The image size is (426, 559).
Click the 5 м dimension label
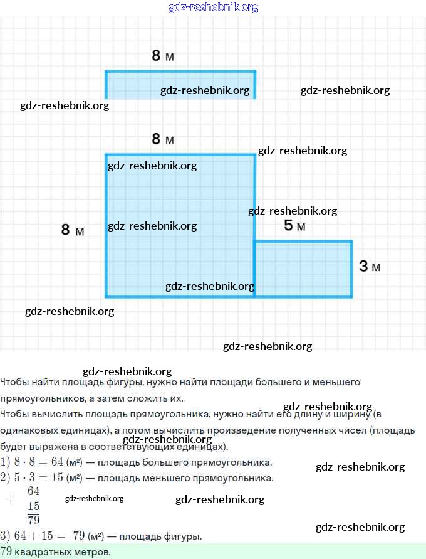(294, 226)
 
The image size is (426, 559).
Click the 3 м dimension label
(369, 267)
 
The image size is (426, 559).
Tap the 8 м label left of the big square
(72, 230)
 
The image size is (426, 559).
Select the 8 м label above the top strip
(162, 56)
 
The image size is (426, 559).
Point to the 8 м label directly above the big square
(162, 139)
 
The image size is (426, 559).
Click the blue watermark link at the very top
(213, 8)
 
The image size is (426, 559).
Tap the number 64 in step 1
(58, 462)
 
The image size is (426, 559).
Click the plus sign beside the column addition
(10, 499)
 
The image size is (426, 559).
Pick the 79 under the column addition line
(34, 520)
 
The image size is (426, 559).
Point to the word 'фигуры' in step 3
(184, 536)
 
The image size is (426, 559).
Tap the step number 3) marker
(6, 536)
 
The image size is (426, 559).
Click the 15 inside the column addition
(34, 506)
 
